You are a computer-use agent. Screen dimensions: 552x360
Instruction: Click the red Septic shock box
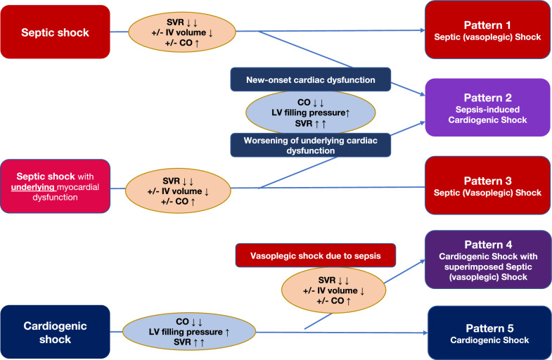(56, 32)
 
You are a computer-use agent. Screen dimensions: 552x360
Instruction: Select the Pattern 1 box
(488, 30)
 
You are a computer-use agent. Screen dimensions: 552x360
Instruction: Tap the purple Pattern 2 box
(487, 108)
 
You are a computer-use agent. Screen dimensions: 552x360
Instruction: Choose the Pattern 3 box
(487, 186)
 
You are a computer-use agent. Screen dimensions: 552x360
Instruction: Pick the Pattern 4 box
(488, 259)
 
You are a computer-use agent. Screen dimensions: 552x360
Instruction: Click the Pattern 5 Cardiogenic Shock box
(489, 333)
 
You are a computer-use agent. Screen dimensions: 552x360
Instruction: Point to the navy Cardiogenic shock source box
(56, 332)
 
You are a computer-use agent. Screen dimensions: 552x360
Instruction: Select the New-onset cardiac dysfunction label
(311, 79)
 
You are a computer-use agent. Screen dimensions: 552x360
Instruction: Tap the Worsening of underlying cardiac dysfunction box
(311, 145)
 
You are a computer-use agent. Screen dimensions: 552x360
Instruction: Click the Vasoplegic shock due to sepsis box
(316, 255)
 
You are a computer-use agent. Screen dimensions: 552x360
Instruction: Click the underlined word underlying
(33, 187)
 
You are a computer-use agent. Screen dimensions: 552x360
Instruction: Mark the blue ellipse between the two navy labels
(311, 112)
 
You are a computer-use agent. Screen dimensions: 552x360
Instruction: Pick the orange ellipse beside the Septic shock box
(182, 32)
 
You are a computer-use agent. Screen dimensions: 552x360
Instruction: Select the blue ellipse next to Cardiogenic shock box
(189, 331)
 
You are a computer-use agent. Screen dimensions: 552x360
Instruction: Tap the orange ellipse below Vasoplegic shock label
(333, 290)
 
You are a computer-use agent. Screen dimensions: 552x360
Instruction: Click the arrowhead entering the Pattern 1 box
(423, 30)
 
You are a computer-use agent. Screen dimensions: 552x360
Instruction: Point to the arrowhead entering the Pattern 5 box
(425, 333)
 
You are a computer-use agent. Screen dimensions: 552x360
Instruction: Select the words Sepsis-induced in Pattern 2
(487, 110)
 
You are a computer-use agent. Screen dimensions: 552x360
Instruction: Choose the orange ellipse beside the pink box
(178, 191)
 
